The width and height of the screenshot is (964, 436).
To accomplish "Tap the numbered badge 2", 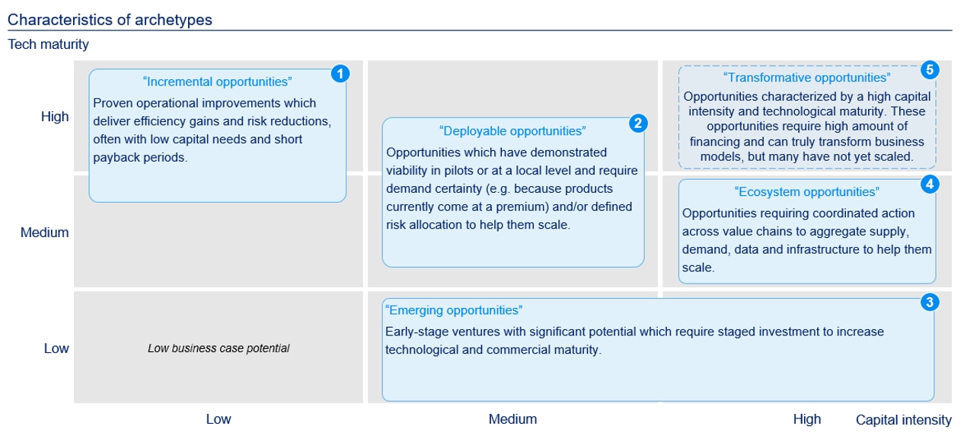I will (639, 122).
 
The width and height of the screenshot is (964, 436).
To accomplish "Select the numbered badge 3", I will (929, 302).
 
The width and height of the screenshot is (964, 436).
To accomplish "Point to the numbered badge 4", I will (929, 184).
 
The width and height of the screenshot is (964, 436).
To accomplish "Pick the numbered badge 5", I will (929, 70).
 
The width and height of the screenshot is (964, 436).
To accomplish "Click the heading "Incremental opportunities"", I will (217, 82).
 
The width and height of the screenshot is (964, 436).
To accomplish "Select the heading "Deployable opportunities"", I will (512, 131).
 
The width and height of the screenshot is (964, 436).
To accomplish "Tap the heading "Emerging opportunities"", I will (454, 310).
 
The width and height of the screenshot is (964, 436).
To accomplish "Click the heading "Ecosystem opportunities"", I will (806, 192).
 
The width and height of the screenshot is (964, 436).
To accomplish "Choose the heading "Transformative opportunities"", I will (806, 78).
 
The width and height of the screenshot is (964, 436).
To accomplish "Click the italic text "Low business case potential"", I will (219, 348).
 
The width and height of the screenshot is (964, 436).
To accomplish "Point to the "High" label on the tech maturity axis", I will (55, 117).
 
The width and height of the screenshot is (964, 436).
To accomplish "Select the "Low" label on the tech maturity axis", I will (56, 348).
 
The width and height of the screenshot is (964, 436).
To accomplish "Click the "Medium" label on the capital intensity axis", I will (512, 418).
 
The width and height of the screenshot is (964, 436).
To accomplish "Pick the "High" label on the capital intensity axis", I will (807, 418).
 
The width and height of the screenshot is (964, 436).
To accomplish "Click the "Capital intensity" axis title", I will (903, 419).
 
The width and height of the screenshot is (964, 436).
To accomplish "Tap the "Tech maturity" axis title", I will (48, 44).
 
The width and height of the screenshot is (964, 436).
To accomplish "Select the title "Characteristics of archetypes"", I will (110, 20).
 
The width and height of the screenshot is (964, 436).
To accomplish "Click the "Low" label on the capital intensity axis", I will (219, 418).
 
